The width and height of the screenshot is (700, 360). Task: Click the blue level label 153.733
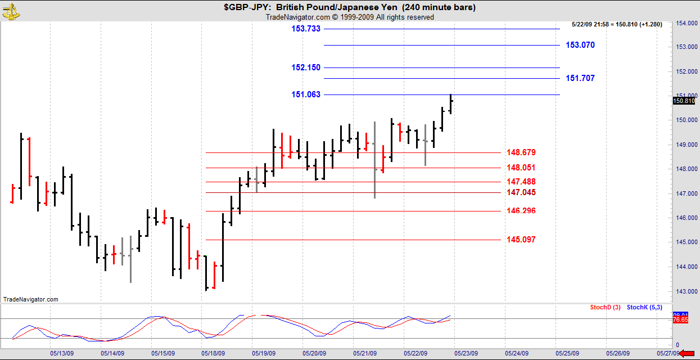click(306, 29)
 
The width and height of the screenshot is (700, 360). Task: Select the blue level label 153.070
click(580, 45)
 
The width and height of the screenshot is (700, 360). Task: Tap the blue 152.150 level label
click(306, 67)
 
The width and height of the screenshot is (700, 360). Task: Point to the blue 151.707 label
click(580, 78)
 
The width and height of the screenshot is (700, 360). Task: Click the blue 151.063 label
click(306, 94)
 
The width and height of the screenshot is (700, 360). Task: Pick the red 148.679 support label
click(521, 152)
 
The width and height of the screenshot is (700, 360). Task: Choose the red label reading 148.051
click(521, 168)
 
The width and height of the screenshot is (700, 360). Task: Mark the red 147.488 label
click(521, 182)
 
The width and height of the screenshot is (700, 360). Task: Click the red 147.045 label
click(521, 192)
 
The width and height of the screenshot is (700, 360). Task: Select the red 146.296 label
click(521, 211)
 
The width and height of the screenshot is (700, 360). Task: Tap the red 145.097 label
click(521, 240)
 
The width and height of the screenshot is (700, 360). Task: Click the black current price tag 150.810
click(683, 101)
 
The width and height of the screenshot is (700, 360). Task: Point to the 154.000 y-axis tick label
click(684, 23)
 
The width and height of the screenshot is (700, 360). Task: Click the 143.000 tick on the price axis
click(684, 291)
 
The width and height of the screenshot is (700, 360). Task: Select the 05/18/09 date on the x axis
click(214, 354)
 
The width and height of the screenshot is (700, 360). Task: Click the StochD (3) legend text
click(605, 307)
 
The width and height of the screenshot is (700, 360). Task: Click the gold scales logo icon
click(11, 11)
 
